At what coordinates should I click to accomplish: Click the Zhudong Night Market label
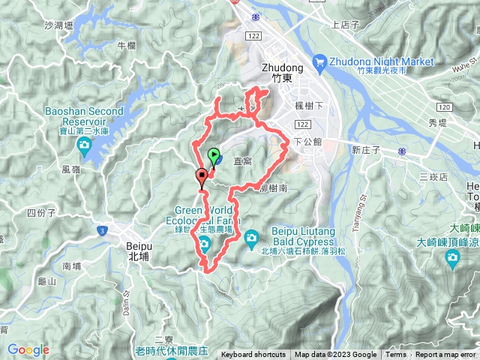(x=381, y=61)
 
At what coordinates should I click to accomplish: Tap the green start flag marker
(x=213, y=156)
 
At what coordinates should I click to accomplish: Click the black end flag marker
(x=201, y=177)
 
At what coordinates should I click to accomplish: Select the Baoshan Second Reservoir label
(x=84, y=116)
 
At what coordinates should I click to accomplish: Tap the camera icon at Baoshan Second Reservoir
(x=84, y=144)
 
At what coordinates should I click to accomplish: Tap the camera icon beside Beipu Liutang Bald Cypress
(x=250, y=238)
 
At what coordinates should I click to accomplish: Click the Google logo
(x=28, y=349)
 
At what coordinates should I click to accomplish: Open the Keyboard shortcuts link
(x=253, y=355)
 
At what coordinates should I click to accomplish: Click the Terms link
(x=396, y=355)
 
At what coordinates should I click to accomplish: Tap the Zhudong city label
(x=278, y=71)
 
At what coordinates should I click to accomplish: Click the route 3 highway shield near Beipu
(x=103, y=229)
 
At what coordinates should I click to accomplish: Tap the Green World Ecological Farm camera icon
(x=204, y=241)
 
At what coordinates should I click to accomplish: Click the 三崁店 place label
(x=433, y=177)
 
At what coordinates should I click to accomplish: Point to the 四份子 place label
(x=41, y=213)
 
